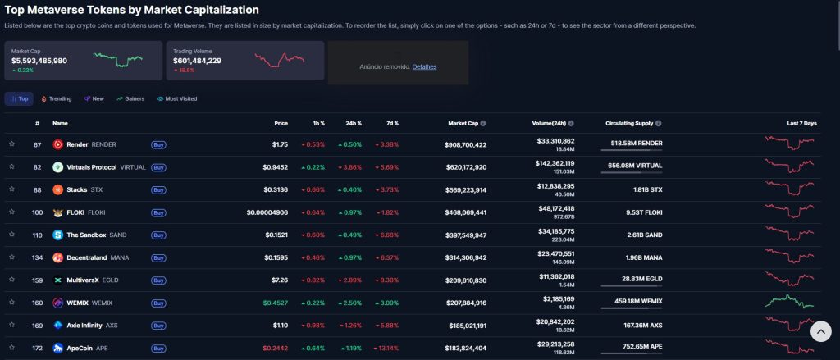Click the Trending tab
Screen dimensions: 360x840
click(x=57, y=98)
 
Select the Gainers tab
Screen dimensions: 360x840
click(x=130, y=98)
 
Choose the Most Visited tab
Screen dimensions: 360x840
click(x=177, y=98)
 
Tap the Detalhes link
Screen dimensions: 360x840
click(x=424, y=66)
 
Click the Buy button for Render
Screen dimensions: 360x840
click(x=158, y=144)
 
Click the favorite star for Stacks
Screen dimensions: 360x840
click(x=11, y=189)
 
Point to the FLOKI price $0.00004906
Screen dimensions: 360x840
click(x=267, y=212)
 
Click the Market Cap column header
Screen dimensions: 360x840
click(x=463, y=123)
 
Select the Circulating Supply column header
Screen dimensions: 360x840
click(x=629, y=123)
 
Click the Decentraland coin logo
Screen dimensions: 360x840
click(x=58, y=257)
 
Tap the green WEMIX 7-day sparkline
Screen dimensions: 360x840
click(x=790, y=302)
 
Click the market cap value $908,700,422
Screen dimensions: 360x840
click(x=458, y=144)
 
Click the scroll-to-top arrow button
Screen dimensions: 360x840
click(x=820, y=331)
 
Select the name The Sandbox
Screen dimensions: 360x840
click(x=85, y=235)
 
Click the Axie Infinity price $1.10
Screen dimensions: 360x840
click(x=280, y=326)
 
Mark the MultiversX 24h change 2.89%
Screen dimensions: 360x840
click(x=350, y=280)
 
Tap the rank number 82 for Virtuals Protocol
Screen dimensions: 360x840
click(x=37, y=167)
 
